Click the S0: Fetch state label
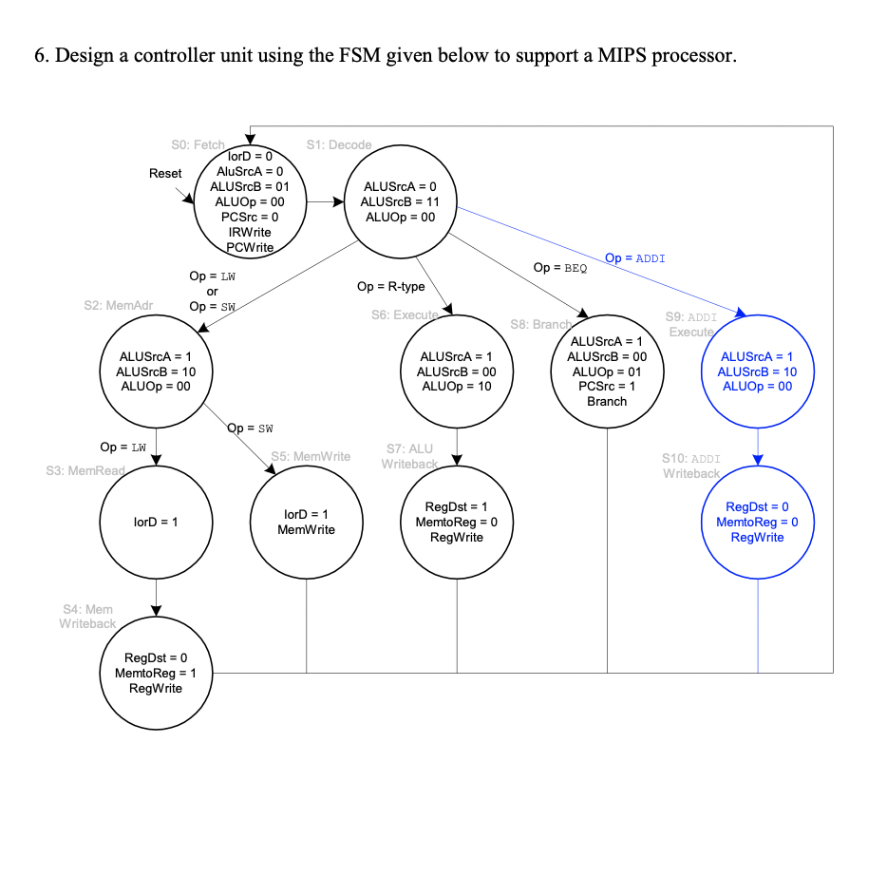pos(198,144)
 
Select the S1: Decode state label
pos(339,144)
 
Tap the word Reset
pos(165,174)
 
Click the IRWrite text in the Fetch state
pos(250,232)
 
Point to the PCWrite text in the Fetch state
pos(250,247)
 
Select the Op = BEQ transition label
pos(560,269)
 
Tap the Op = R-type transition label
pos(390,286)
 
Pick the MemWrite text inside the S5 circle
pos(306,529)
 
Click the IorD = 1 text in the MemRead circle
pos(156,522)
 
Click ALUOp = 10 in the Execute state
pos(457,386)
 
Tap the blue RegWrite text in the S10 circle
pos(757,537)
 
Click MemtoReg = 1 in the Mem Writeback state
pos(156,673)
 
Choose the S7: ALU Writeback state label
pos(409,456)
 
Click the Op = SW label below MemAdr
pos(252,428)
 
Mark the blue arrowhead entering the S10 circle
pos(758,460)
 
